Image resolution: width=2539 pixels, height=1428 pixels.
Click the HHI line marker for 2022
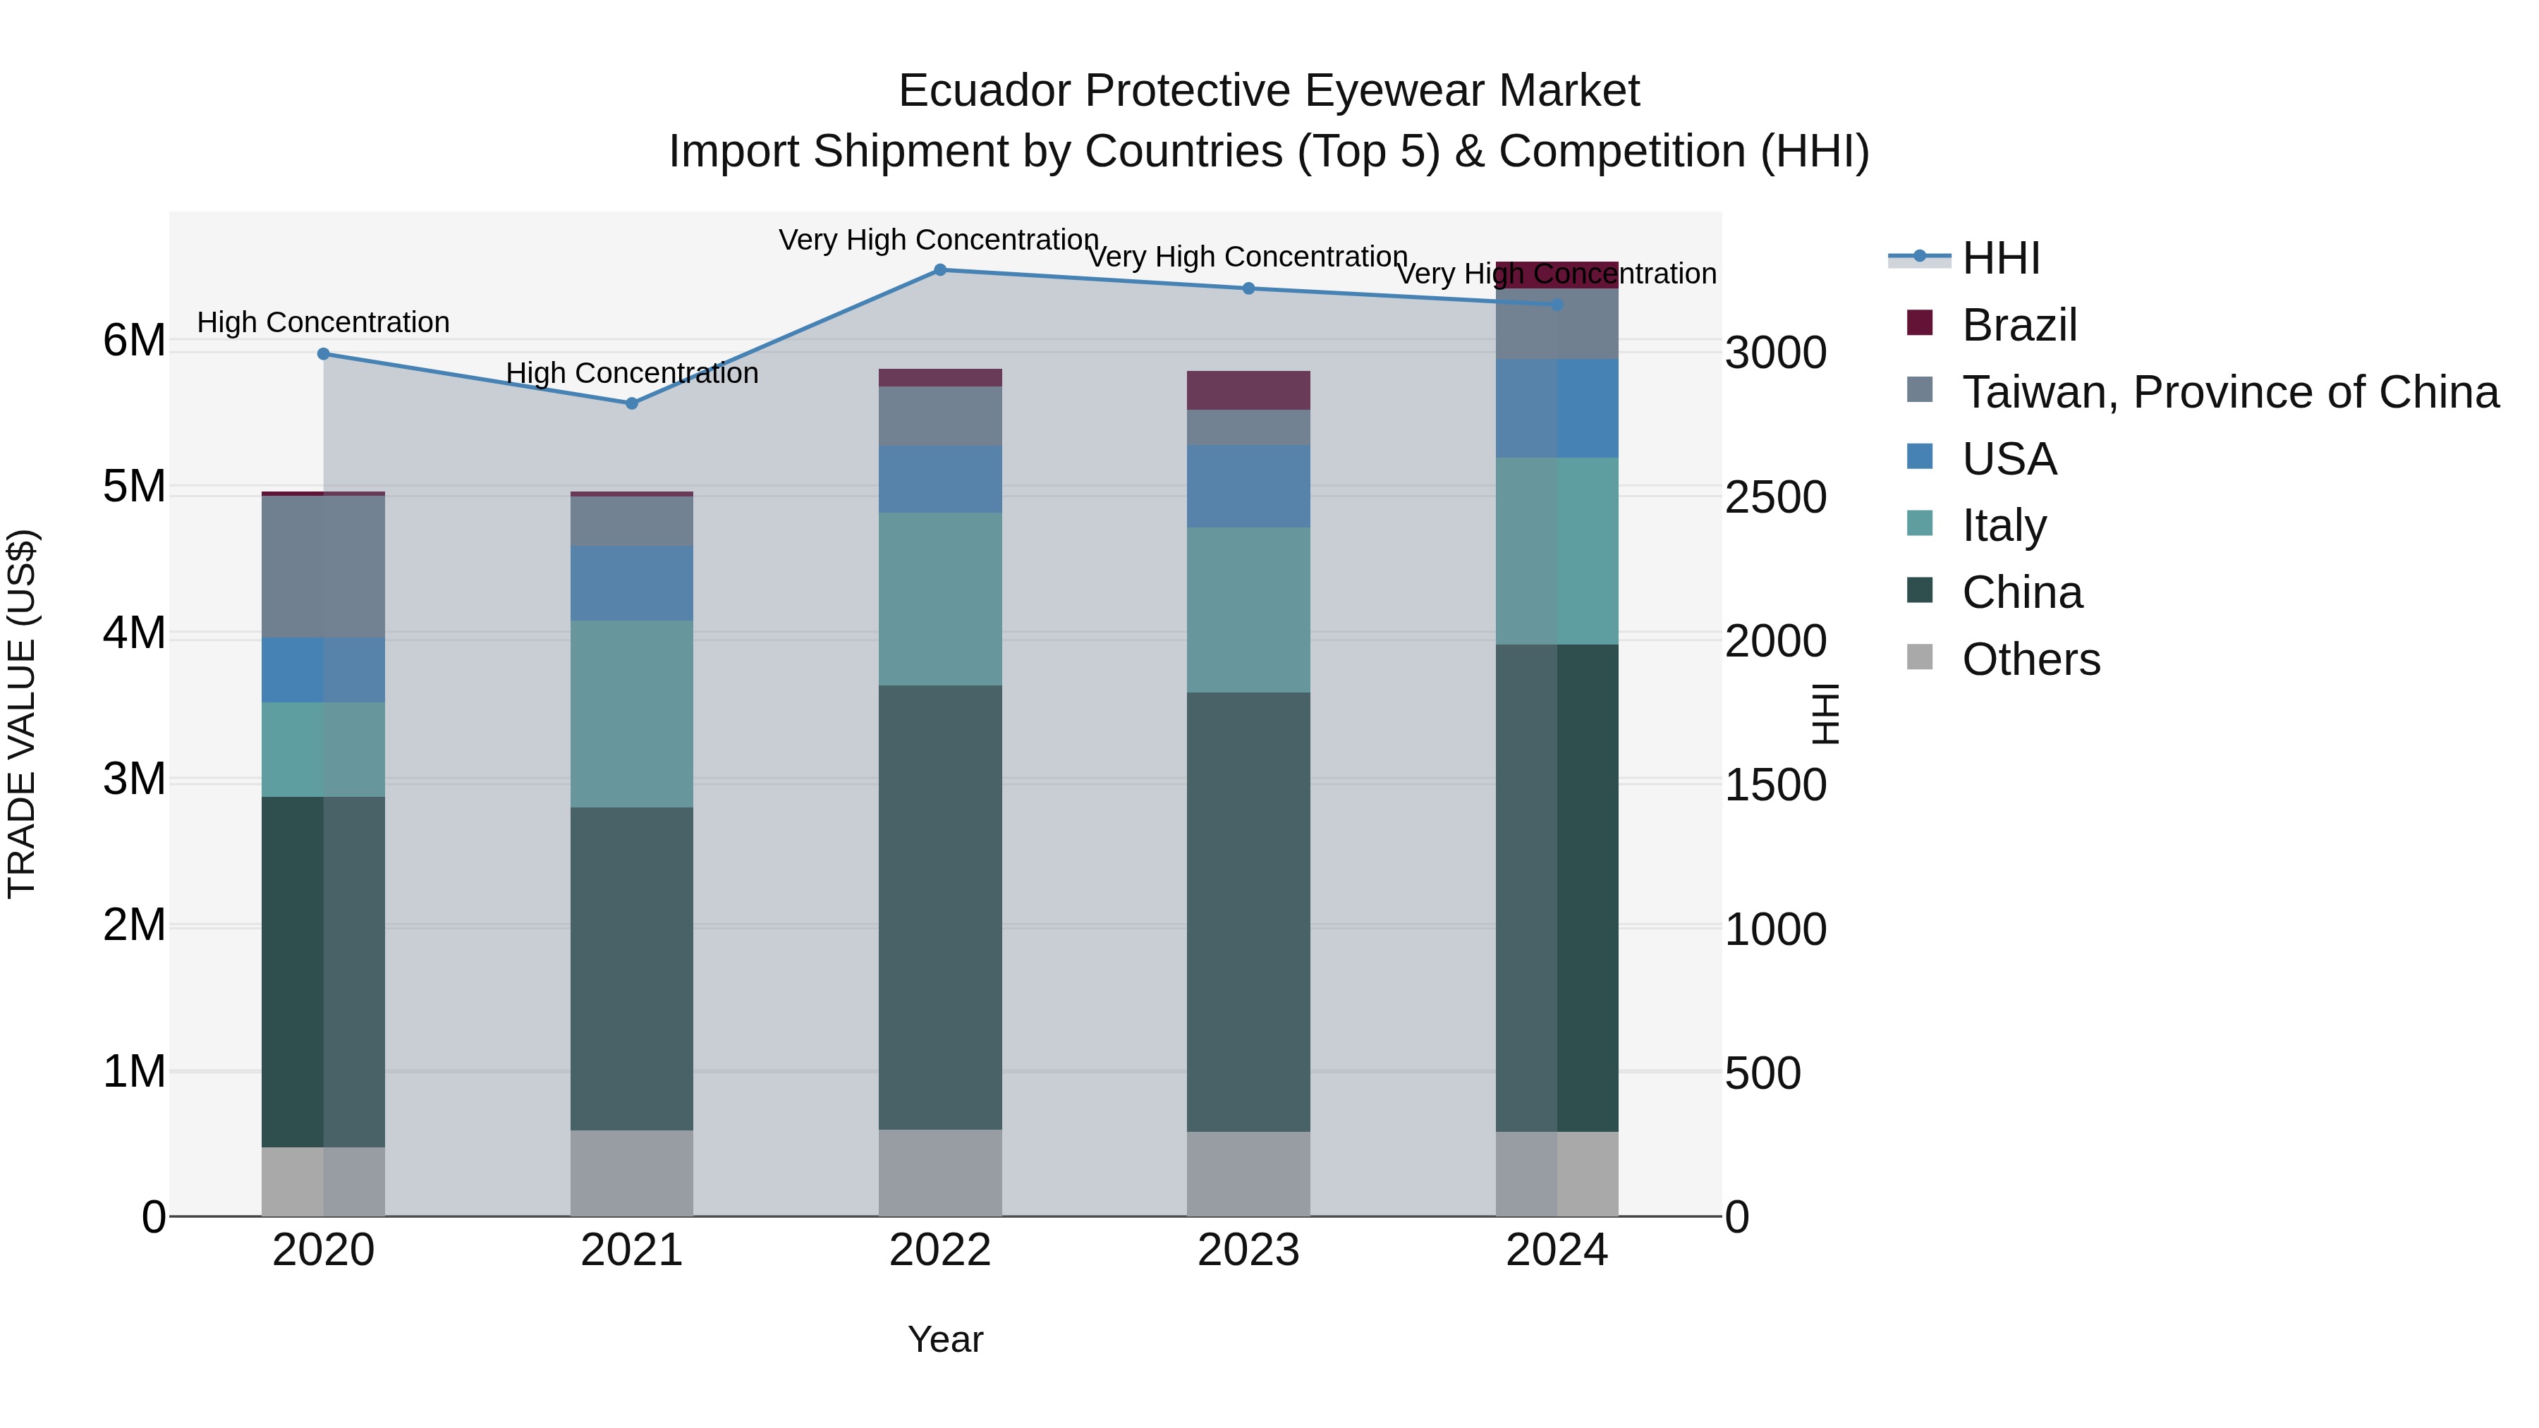(x=939, y=270)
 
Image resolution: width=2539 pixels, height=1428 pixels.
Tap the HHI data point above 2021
(x=632, y=403)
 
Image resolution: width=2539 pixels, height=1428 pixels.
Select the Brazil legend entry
(x=2018, y=325)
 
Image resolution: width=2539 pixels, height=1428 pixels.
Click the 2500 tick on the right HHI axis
(x=1775, y=498)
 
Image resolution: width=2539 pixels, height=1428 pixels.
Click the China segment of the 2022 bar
(x=939, y=907)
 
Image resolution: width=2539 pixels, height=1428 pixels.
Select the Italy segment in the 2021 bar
(x=632, y=714)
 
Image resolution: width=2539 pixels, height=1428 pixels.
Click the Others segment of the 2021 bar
(x=632, y=1173)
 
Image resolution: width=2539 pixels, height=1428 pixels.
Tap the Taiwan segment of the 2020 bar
(x=323, y=567)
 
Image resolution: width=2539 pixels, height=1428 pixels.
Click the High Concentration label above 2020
(x=323, y=322)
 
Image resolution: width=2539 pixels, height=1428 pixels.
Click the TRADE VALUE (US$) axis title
(x=22, y=714)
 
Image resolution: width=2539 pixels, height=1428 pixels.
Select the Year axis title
(x=944, y=1339)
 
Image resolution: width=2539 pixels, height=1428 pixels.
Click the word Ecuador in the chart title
(x=986, y=91)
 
